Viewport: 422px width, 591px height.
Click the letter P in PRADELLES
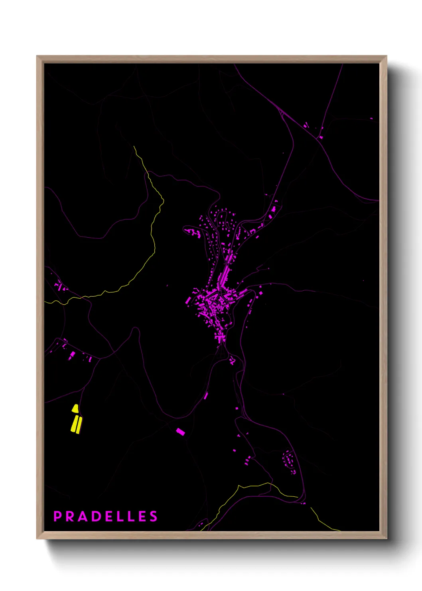[57, 516]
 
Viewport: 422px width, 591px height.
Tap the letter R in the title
[70, 516]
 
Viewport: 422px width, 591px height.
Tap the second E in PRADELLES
[142, 516]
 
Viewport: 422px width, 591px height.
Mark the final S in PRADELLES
[154, 516]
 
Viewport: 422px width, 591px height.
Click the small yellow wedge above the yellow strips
[75, 409]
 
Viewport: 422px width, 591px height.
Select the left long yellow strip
[74, 424]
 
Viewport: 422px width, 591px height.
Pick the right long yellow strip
[79, 425]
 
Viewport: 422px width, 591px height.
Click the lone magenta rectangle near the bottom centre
[180, 431]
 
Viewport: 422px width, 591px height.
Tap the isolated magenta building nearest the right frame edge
[371, 119]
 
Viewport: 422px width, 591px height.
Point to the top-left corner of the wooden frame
[37, 56]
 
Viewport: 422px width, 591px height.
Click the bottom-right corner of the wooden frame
[387, 538]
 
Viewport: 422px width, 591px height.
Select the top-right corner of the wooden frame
[387, 56]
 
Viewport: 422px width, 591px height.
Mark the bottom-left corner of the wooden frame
[37, 538]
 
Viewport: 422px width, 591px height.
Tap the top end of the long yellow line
[134, 146]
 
